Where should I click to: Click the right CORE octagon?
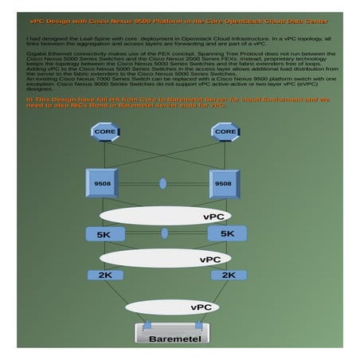tap(225, 131)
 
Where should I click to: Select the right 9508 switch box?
tap(223, 184)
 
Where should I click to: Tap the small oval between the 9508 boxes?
tap(163, 184)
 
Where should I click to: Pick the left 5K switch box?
tap(105, 234)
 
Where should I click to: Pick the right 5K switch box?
tap(227, 233)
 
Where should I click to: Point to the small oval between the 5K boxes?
tap(165, 233)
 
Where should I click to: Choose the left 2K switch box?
tap(105, 275)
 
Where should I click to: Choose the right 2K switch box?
tap(229, 275)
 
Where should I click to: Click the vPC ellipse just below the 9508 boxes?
tap(166, 216)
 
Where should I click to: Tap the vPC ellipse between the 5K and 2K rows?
tap(165, 258)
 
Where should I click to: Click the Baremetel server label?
tap(173, 338)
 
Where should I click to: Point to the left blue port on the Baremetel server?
tap(147, 325)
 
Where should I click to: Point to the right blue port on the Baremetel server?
tap(198, 325)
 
